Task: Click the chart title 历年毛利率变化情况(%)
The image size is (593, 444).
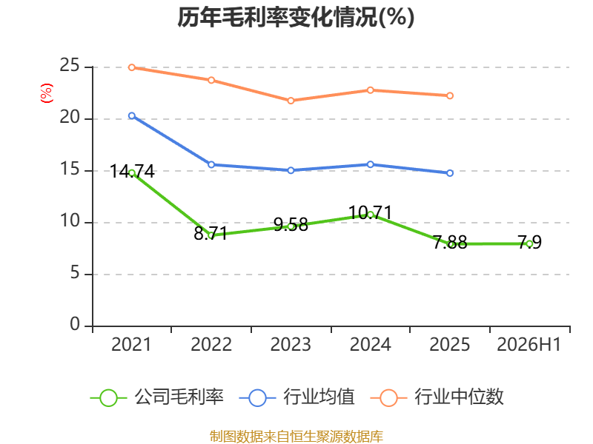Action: [296, 17]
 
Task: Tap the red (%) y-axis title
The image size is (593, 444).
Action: [47, 93]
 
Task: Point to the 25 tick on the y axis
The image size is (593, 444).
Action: [70, 66]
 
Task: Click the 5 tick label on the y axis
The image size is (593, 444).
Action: [75, 272]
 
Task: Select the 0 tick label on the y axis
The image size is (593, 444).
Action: [75, 324]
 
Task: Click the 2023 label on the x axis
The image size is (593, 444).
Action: [291, 344]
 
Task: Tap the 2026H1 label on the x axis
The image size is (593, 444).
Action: [529, 344]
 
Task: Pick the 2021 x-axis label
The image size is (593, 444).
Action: [131, 344]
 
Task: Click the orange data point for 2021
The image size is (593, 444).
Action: [132, 67]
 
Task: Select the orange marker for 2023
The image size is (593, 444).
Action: [291, 101]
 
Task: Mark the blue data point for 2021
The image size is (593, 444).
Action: [132, 116]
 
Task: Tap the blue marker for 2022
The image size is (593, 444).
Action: [211, 164]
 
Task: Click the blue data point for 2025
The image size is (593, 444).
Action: [450, 173]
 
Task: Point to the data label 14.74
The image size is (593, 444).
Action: [132, 172]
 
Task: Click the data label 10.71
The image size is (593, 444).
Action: [370, 213]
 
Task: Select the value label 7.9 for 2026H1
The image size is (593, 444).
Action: [529, 242]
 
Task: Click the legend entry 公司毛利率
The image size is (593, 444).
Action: [157, 397]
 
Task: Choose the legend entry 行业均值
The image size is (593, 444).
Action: [297, 397]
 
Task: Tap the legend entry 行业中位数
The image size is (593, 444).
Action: [437, 397]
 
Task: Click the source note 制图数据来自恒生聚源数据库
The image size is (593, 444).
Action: [296, 437]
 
